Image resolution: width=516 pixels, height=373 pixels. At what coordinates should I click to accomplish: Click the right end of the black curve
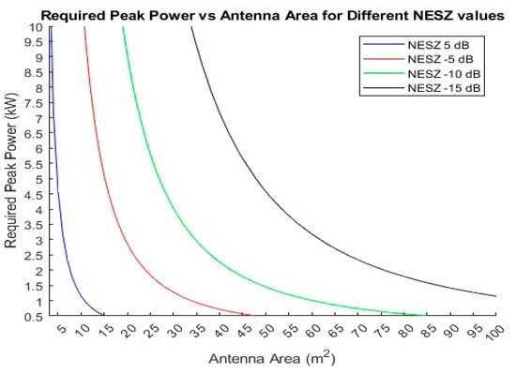(x=495, y=296)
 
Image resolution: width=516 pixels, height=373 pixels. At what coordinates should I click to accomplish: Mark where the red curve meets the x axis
(x=254, y=316)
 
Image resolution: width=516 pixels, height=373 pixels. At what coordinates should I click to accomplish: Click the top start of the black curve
(x=190, y=28)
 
